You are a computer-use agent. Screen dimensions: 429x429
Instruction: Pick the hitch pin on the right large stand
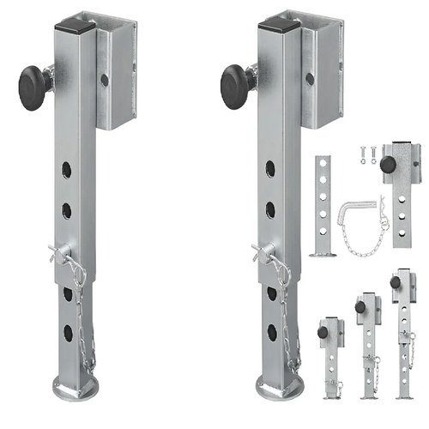(x=265, y=253)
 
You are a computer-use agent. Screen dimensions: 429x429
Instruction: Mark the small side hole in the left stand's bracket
(x=104, y=79)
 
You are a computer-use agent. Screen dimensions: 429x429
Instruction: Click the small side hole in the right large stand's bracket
(x=306, y=79)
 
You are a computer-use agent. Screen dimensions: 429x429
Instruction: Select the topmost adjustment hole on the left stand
(x=67, y=169)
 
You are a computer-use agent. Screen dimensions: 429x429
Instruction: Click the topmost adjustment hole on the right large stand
(x=269, y=169)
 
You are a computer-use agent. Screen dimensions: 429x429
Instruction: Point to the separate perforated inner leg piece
(x=323, y=206)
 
